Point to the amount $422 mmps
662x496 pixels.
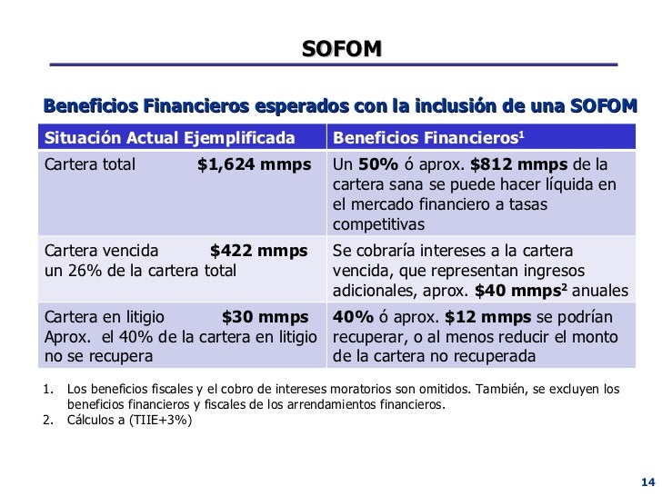click(x=258, y=251)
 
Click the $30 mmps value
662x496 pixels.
click(x=265, y=317)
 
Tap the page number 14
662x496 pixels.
click(x=647, y=481)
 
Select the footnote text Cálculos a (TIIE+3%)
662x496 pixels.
click(x=130, y=421)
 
